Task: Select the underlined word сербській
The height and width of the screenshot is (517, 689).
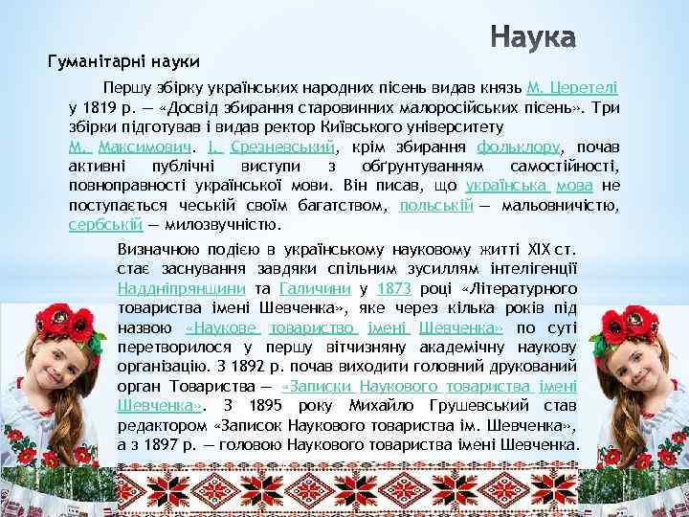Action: pyautogui.click(x=105, y=225)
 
